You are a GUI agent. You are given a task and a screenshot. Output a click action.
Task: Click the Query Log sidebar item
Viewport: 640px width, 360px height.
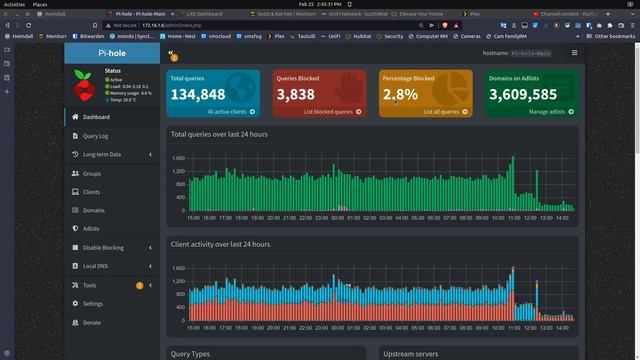click(96, 136)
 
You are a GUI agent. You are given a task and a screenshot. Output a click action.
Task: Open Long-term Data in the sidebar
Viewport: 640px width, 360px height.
click(101, 154)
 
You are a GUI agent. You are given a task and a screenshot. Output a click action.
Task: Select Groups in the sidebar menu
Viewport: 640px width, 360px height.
click(92, 173)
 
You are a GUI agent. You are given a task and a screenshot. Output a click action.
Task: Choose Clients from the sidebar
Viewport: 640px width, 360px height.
click(91, 191)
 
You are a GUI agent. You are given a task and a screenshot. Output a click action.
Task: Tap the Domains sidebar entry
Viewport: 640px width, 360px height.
click(93, 210)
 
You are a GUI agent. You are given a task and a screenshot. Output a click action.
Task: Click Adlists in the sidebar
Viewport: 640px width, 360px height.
click(91, 229)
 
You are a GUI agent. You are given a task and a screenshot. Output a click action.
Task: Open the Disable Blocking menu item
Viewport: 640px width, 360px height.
click(103, 248)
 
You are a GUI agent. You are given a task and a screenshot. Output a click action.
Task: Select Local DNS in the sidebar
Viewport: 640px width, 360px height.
click(95, 266)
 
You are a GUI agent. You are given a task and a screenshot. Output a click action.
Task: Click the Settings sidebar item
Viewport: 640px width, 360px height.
click(93, 303)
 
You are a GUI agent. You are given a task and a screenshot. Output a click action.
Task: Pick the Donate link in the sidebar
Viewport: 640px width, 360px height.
click(92, 322)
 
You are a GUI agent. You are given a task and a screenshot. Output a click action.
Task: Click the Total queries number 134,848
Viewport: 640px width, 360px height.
click(198, 94)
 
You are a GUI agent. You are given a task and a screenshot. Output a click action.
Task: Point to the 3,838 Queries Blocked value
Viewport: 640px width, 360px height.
click(295, 94)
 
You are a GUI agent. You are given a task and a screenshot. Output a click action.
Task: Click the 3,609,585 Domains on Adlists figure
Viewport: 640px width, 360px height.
click(518, 94)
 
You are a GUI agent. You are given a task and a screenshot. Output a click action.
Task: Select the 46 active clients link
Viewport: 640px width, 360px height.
click(226, 112)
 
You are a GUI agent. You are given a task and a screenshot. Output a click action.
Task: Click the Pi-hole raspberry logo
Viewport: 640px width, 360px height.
click(85, 87)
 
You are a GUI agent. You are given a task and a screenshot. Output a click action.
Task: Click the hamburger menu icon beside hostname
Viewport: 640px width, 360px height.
click(574, 52)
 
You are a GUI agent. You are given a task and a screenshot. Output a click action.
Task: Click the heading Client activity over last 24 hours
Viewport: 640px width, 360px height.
click(220, 244)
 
